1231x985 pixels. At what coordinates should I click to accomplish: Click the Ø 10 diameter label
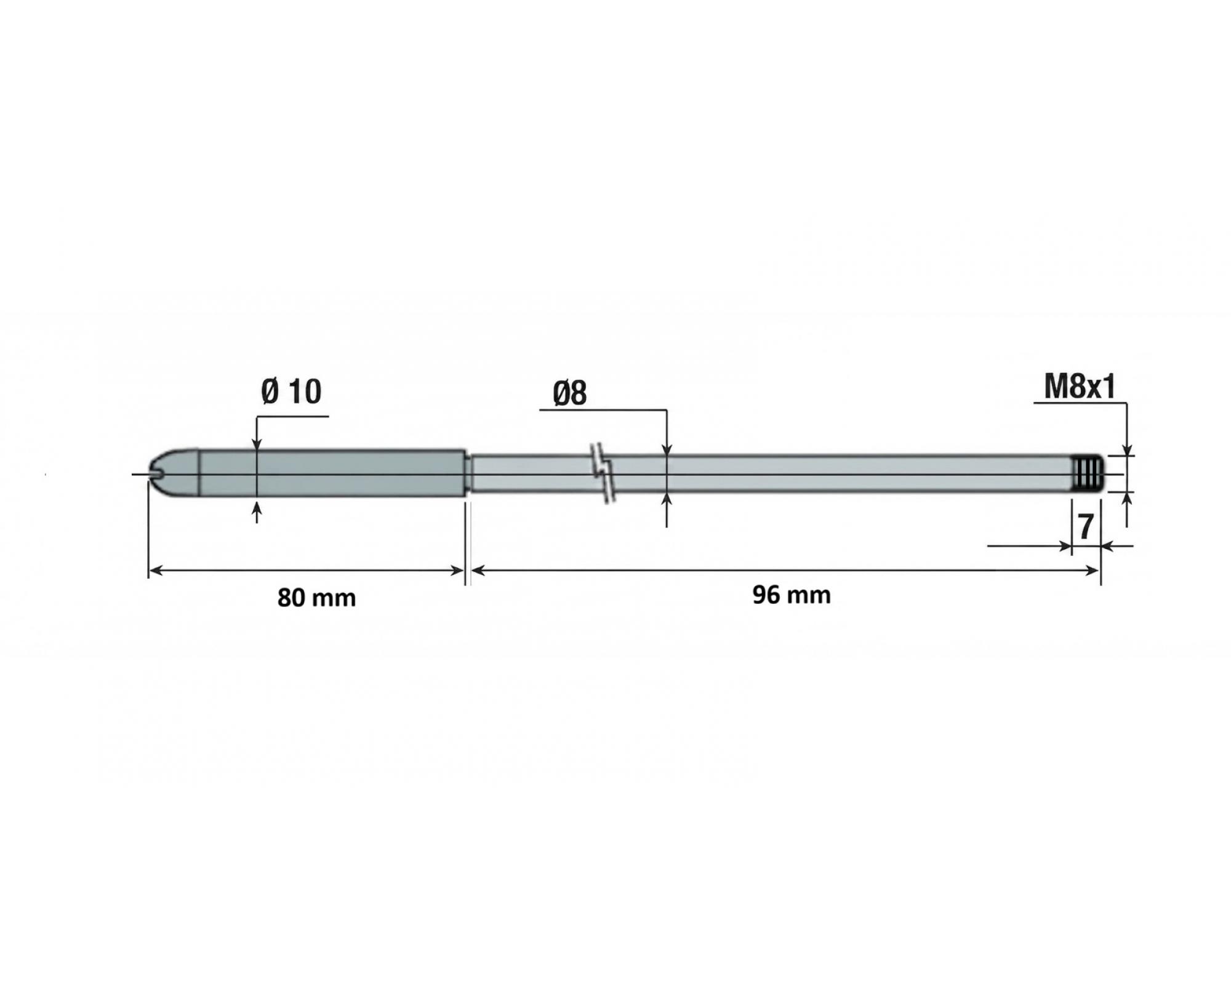coord(291,392)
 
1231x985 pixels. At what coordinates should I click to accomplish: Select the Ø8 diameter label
coord(570,393)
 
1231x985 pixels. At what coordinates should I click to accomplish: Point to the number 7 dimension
coord(1086,526)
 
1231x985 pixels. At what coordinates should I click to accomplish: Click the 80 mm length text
coord(316,598)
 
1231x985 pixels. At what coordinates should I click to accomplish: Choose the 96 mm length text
coord(792,595)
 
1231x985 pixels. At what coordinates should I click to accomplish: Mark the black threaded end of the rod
coord(1088,474)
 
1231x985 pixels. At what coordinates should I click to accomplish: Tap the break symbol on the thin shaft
coord(602,473)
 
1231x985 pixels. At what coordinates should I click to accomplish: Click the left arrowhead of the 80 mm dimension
coord(155,571)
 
